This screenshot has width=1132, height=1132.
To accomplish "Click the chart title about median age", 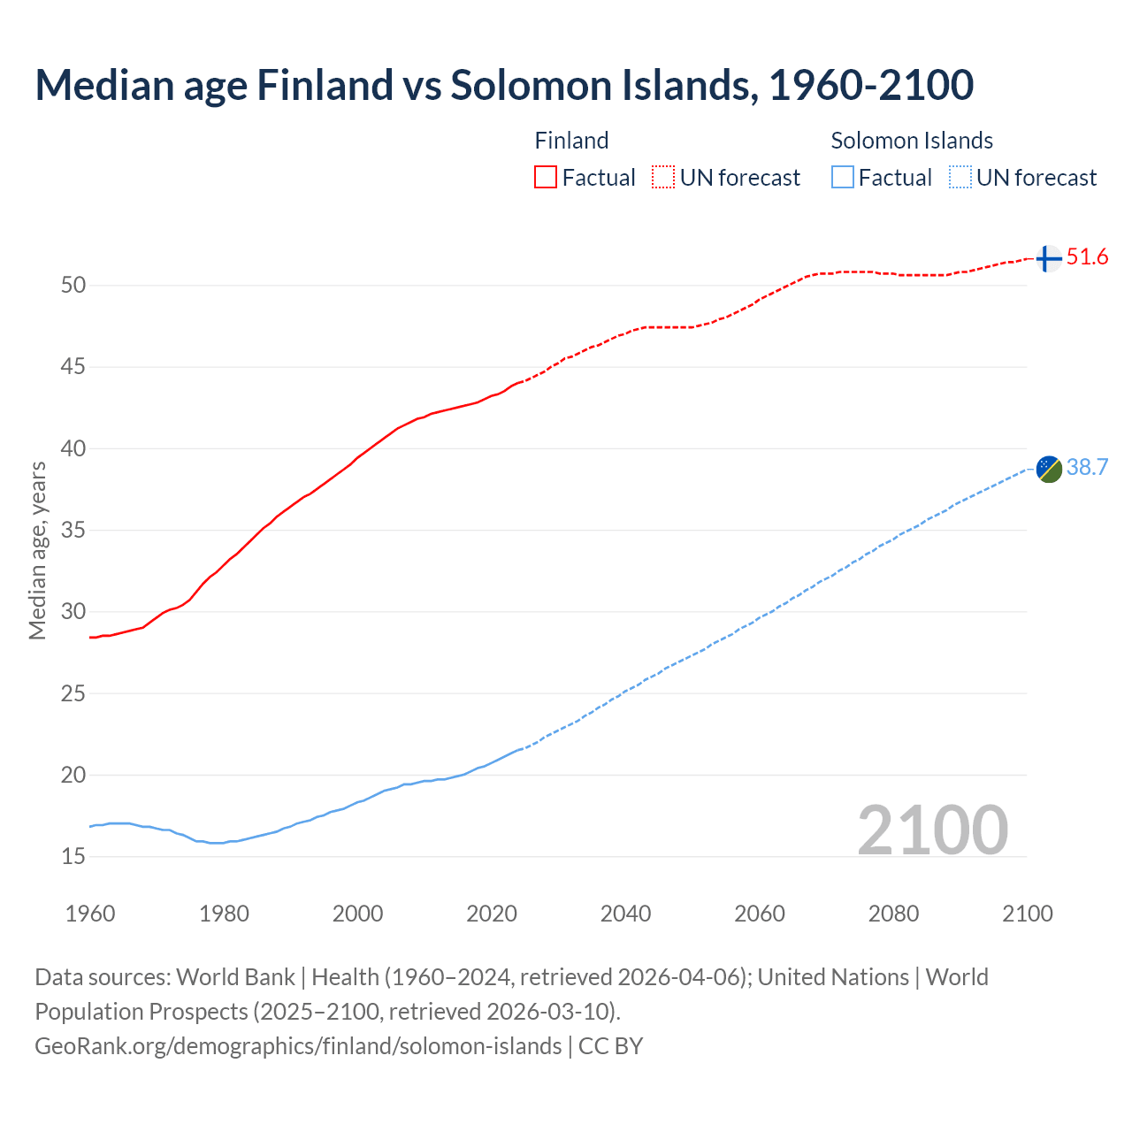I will coord(504,86).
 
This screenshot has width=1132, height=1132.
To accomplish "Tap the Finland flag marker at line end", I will coord(1048,258).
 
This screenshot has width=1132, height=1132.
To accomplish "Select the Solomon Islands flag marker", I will coord(1049,469).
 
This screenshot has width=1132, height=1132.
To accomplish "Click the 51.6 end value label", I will coord(1087,257).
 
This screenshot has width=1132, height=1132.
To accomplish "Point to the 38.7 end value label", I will coord(1087,468).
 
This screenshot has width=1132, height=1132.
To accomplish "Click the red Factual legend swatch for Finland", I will coord(546,178).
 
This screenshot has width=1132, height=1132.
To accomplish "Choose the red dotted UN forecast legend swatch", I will coord(663,178).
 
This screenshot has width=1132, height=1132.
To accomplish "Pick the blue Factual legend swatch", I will coord(843,178).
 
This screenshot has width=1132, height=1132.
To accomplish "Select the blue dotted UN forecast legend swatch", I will coord(960,178).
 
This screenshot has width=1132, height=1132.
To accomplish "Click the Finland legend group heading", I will coord(571,141).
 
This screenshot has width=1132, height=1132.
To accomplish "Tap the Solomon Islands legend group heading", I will coord(911,141).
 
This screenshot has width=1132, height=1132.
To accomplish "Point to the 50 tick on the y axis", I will coord(73,285).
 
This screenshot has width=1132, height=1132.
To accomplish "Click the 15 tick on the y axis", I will coord(73,856).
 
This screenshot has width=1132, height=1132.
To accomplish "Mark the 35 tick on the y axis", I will coord(73,531).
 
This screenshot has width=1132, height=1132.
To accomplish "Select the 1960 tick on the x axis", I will coord(90,914).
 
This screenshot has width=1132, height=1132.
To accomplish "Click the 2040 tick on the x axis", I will coord(625,914).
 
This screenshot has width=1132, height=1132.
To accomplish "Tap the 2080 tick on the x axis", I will coord(893,914).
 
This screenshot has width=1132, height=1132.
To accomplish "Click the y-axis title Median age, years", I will coord(37,550).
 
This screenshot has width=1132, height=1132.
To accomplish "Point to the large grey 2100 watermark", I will coord(932,830).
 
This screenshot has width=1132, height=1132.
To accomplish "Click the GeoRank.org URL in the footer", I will coord(298,1046).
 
